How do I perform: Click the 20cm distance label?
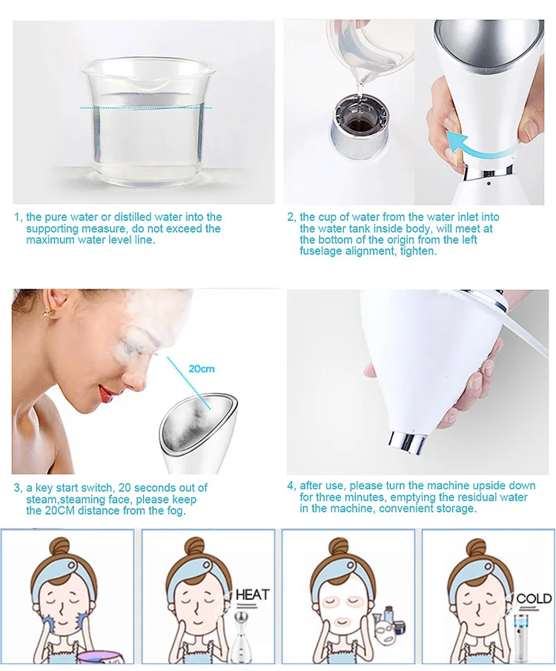click(x=201, y=368)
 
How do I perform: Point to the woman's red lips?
click(x=106, y=391)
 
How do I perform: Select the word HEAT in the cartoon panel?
click(x=253, y=595)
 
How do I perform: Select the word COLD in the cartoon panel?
click(x=534, y=598)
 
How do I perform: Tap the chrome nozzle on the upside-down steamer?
click(x=406, y=443)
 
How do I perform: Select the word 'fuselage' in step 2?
click(x=320, y=251)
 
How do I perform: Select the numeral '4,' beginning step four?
click(x=291, y=486)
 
